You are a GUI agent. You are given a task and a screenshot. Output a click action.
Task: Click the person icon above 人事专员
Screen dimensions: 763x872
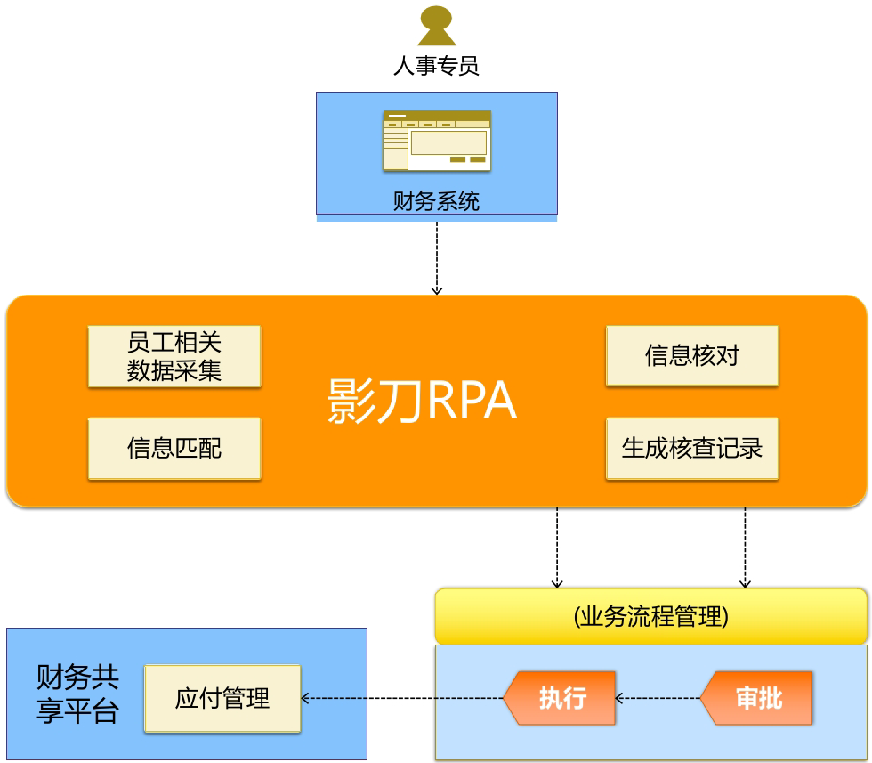click(x=436, y=26)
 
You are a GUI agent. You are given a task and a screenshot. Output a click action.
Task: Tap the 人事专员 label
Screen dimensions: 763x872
click(x=436, y=66)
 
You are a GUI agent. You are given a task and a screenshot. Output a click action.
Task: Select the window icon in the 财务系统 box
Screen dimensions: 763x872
click(x=436, y=141)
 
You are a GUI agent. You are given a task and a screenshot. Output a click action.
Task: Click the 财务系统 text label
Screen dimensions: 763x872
click(x=436, y=201)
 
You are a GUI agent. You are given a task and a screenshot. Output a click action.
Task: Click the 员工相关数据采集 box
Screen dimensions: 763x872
click(x=174, y=356)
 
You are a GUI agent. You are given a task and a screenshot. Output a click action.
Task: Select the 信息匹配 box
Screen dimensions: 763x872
click(x=174, y=449)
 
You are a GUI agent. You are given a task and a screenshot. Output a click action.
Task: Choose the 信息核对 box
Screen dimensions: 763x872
click(x=692, y=356)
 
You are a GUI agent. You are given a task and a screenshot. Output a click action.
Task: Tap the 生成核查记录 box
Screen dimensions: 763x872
click(x=692, y=449)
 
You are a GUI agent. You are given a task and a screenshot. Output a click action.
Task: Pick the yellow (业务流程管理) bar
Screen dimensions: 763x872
click(x=650, y=616)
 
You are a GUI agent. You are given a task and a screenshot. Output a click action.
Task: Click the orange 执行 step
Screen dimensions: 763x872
click(x=561, y=698)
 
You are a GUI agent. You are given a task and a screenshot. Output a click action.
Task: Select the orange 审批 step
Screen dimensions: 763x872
click(x=757, y=698)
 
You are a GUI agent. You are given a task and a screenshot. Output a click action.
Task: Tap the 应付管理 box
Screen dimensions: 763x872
click(x=222, y=698)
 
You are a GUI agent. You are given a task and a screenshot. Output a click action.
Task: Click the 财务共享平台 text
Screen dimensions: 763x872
click(x=77, y=694)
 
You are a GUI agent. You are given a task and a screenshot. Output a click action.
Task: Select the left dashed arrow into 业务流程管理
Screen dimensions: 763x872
click(x=557, y=547)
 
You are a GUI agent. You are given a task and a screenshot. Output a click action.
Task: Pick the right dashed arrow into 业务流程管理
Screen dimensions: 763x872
click(x=745, y=547)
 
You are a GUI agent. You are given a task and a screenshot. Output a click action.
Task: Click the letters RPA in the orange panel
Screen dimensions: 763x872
click(x=472, y=402)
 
